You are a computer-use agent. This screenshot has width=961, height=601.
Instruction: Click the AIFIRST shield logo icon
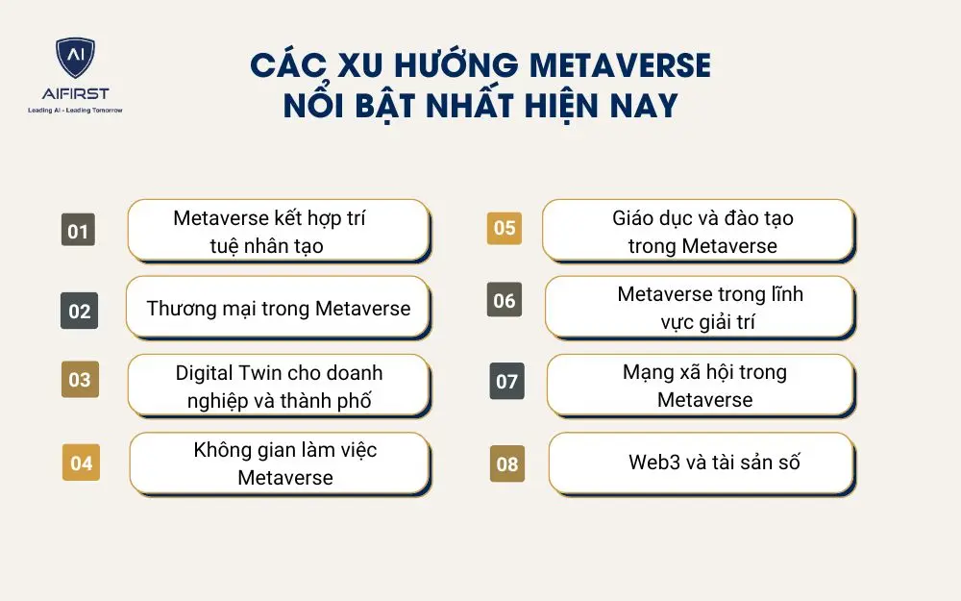(75, 60)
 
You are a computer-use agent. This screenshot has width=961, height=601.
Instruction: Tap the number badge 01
(78, 232)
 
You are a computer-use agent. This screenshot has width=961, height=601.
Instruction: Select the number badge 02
(79, 311)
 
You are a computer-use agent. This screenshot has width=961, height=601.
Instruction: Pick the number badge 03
(79, 379)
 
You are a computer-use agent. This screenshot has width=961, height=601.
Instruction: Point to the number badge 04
(81, 463)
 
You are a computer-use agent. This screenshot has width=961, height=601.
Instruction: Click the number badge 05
(505, 228)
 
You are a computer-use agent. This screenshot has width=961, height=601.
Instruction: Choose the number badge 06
(505, 301)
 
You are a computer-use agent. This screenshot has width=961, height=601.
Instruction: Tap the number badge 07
(506, 382)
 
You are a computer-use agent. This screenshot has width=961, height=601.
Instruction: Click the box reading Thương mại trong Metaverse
(278, 309)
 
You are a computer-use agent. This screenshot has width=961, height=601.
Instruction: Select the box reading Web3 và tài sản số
(701, 463)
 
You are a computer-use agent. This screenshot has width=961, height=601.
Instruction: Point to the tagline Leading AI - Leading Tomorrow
(75, 111)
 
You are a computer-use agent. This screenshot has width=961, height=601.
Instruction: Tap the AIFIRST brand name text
(75, 94)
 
